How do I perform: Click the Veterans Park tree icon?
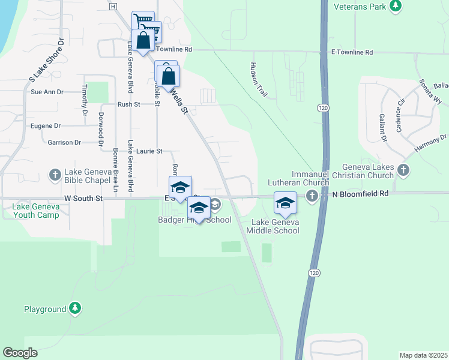[x=395, y=5]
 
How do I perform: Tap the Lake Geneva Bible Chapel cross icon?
[x=55, y=175]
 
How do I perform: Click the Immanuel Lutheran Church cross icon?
[x=312, y=196]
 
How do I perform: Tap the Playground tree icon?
[x=74, y=308]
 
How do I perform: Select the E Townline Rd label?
[x=352, y=53]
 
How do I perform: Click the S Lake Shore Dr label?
[x=46, y=60]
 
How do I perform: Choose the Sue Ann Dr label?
[x=47, y=92]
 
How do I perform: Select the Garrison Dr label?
[x=64, y=142]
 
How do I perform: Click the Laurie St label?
[x=149, y=151]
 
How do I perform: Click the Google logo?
[x=20, y=353]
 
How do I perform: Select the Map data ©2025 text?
[x=423, y=355]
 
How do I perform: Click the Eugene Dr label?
[x=45, y=126]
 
